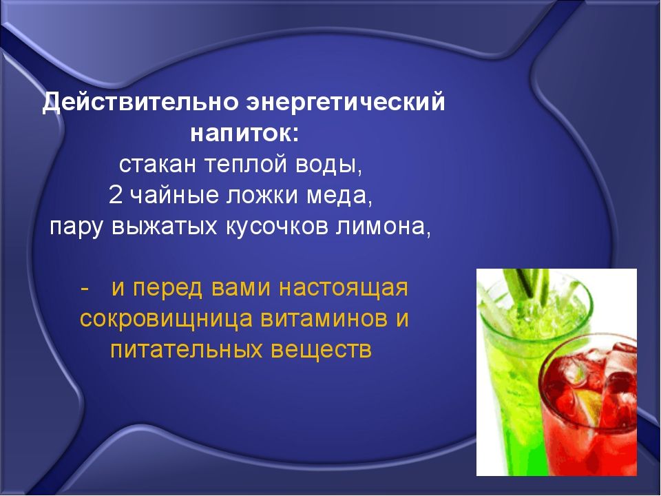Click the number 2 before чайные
[115, 195]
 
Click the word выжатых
[165, 227]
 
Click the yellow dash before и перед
[85, 289]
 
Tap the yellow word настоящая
[344, 289]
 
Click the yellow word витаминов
[324, 319]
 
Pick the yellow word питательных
[185, 350]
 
